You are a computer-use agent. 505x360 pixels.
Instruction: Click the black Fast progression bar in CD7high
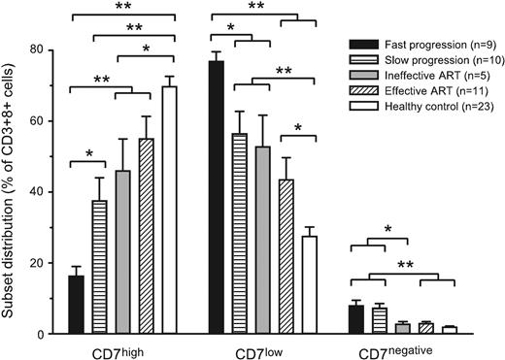click(76, 305)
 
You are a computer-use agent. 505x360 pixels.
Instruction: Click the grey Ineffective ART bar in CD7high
click(122, 252)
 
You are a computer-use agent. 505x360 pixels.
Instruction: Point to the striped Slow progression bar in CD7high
click(99, 268)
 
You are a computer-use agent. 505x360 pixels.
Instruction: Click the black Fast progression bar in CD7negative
click(356, 320)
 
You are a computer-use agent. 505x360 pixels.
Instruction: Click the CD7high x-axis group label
click(121, 349)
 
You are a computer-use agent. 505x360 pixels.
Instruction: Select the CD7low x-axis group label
click(262, 349)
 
